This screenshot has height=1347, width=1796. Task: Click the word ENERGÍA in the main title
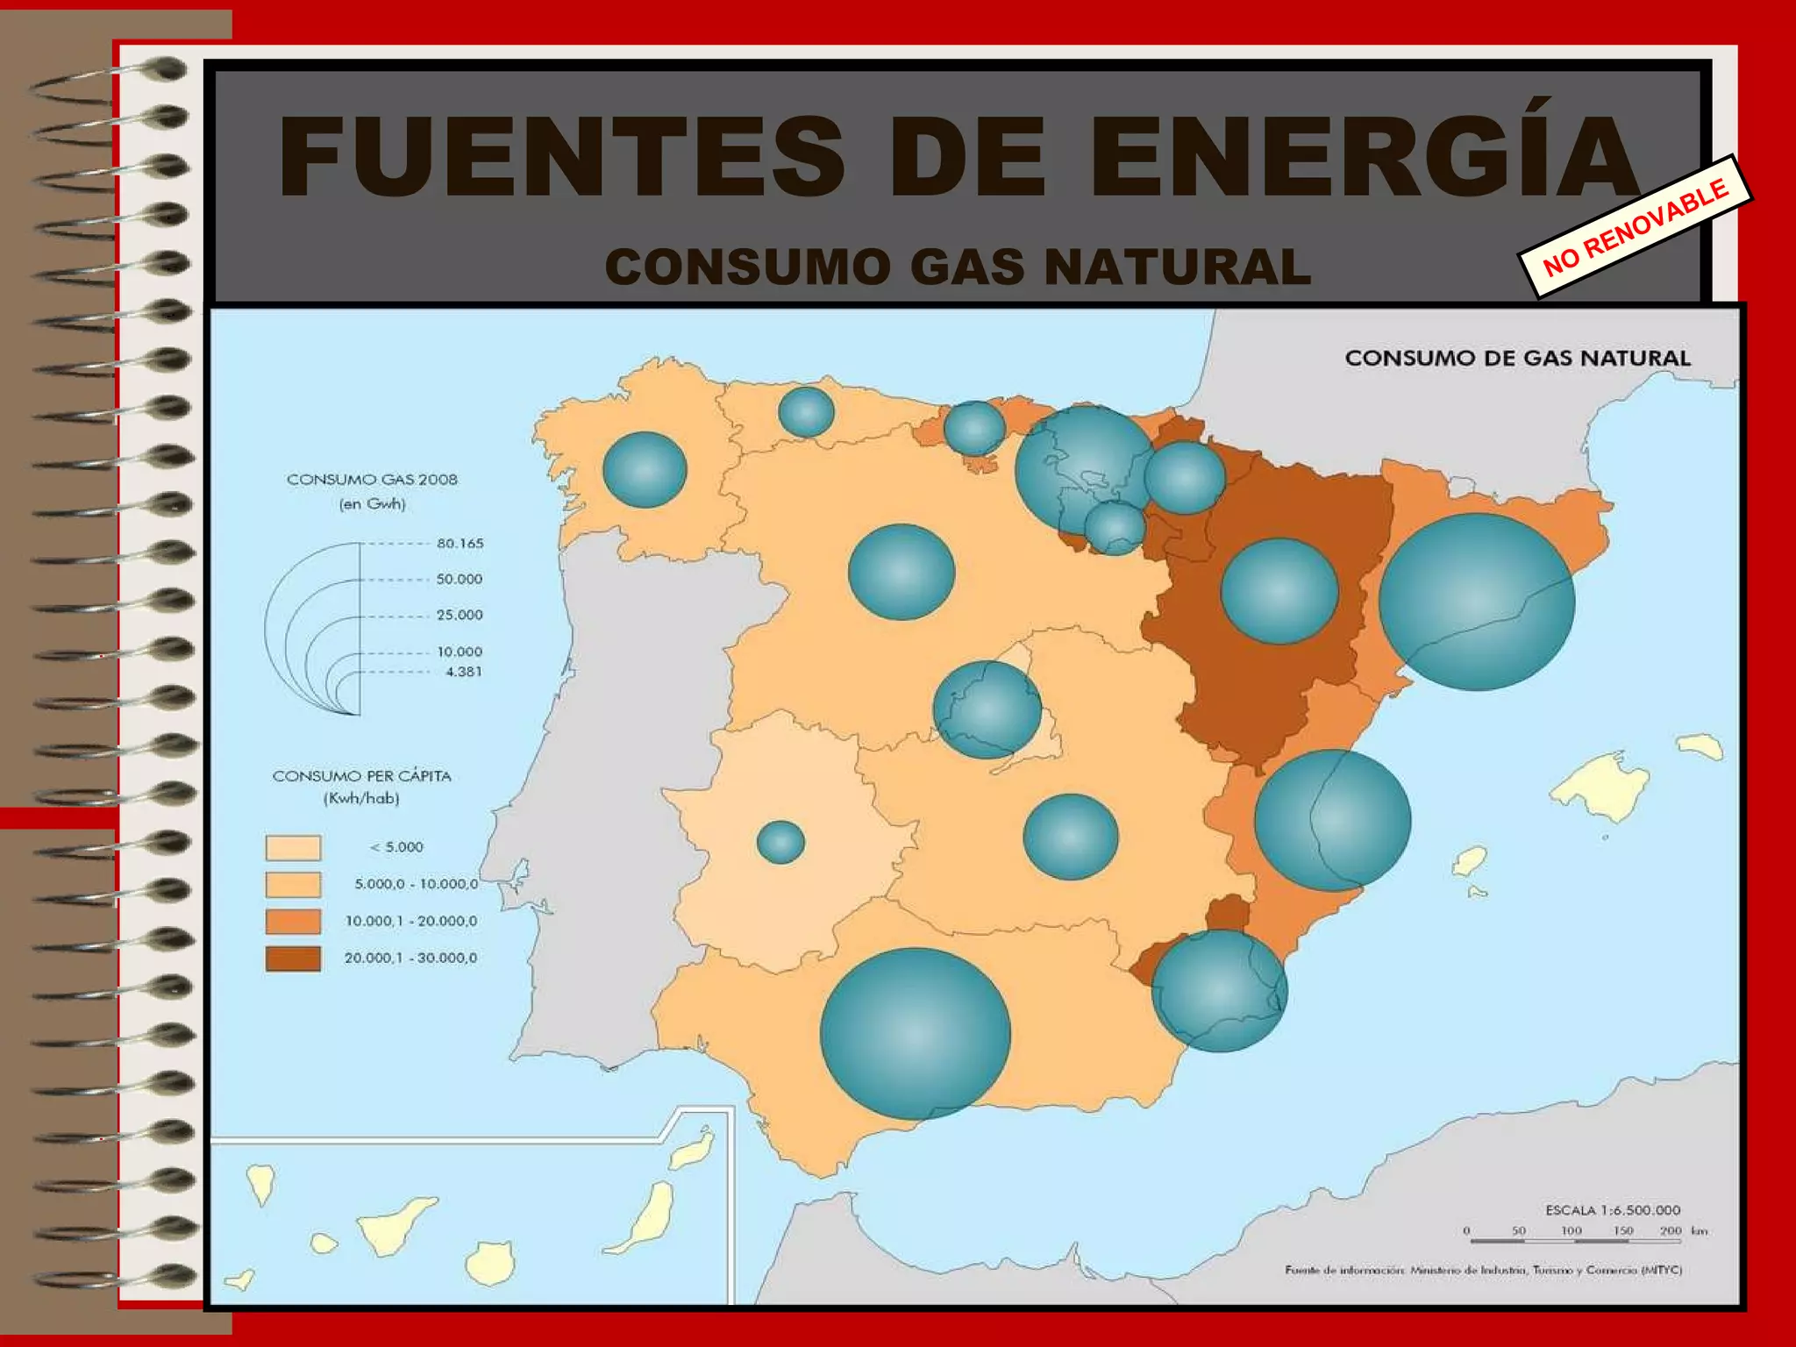click(x=1364, y=158)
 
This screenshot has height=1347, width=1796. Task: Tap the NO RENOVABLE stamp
click(x=1636, y=227)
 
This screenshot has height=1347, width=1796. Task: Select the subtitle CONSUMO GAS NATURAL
click(x=958, y=267)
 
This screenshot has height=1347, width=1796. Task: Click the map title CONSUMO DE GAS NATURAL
click(x=1517, y=358)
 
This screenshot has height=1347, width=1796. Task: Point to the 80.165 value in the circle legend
click(x=460, y=544)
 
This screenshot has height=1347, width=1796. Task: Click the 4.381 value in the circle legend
click(x=464, y=672)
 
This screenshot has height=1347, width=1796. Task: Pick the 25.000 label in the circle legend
click(x=460, y=615)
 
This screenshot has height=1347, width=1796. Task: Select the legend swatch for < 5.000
click(x=293, y=848)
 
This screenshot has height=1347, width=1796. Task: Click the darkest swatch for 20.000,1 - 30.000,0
click(x=293, y=959)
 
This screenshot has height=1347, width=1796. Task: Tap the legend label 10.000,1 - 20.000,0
click(x=410, y=921)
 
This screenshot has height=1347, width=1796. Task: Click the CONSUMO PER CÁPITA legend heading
click(x=361, y=776)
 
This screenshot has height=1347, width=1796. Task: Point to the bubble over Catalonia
click(x=1477, y=602)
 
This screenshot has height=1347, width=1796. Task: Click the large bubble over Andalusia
click(x=915, y=1033)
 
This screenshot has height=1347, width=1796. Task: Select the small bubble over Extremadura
click(x=780, y=842)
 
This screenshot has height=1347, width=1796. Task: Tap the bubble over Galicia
click(x=645, y=470)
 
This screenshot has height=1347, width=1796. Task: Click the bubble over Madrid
click(x=987, y=709)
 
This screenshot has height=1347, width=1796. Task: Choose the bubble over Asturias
click(x=806, y=411)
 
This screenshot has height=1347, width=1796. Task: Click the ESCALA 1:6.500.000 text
click(x=1612, y=1210)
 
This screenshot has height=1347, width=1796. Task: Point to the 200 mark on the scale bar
click(x=1670, y=1231)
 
